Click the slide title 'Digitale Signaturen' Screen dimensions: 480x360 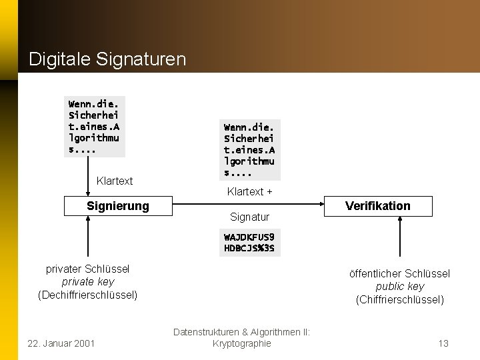107,59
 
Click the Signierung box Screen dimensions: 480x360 118,206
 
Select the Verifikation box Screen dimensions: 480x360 378,206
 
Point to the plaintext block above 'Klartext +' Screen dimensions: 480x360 249,149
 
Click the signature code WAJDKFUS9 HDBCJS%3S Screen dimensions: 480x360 249,243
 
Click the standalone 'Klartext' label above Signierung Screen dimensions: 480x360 115,181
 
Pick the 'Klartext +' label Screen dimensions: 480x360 249,192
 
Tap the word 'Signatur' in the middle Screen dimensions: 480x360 249,217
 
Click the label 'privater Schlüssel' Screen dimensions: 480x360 88,269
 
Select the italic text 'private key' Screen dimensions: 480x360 88,281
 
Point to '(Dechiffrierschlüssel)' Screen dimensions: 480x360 88,295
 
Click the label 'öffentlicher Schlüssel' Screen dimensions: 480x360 400,273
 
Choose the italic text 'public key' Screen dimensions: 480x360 400,286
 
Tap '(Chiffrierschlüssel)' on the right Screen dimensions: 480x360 400,299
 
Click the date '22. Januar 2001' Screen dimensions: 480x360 61,343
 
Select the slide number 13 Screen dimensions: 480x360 443,343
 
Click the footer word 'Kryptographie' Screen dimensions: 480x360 241,343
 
